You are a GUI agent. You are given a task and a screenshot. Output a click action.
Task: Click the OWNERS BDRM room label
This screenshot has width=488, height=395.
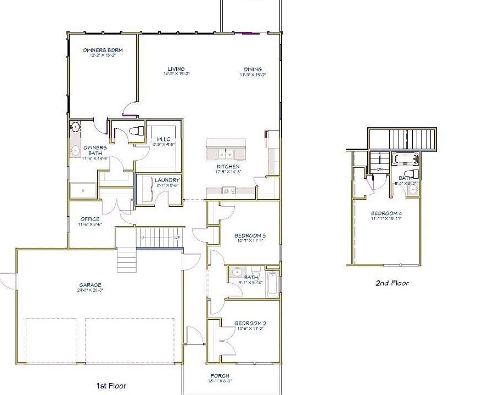pyautogui.click(x=102, y=50)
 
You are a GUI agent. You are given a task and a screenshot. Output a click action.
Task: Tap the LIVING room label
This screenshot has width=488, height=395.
pyautogui.click(x=176, y=69)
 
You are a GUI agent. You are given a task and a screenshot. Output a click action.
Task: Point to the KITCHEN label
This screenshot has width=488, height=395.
pyautogui.click(x=227, y=166)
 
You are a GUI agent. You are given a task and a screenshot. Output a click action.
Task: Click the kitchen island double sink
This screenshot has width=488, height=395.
pyautogui.click(x=226, y=154)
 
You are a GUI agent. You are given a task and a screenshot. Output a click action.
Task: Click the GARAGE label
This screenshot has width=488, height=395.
pyautogui.click(x=90, y=285)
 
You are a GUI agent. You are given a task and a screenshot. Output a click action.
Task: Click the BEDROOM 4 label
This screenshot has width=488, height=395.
pyautogui.click(x=386, y=213)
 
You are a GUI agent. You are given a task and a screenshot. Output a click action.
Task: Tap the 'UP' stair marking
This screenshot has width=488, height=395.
pyautogui.click(x=176, y=238)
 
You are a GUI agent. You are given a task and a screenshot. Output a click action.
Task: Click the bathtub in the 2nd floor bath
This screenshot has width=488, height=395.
pyautogui.click(x=405, y=160)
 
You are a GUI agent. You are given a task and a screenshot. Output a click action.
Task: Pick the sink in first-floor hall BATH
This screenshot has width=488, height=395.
pyautogui.click(x=237, y=271)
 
